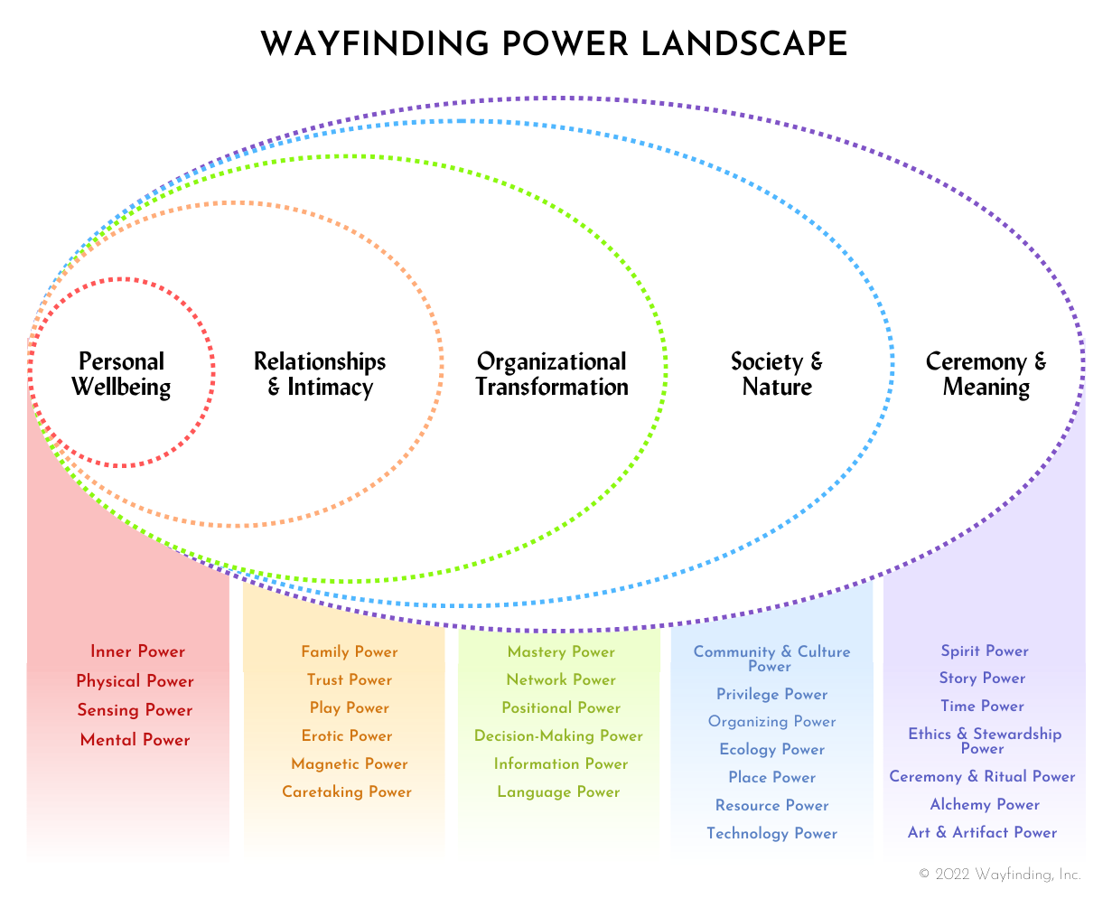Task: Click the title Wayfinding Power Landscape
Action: coord(554,44)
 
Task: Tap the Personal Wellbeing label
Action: coord(121,374)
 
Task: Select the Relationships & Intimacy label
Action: coord(320,374)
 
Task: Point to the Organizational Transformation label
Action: coord(552,374)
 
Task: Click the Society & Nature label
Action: coord(777,374)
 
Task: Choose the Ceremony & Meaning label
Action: coord(986,374)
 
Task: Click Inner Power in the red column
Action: coord(137,652)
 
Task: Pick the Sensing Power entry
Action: coord(135,710)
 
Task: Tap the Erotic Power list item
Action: coord(347,735)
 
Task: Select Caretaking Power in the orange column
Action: coord(347,792)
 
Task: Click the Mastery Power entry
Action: coord(561,652)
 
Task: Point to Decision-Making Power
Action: coord(559,736)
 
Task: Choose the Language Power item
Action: coord(559,792)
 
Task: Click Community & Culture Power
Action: coord(771,659)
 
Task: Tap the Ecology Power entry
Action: coord(772,750)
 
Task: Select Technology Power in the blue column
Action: coord(772,834)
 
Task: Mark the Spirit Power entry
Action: coord(985,651)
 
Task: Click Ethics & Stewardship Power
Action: coord(985,741)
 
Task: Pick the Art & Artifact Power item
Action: coord(983,833)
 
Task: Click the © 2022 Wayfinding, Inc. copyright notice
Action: coord(1000,875)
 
